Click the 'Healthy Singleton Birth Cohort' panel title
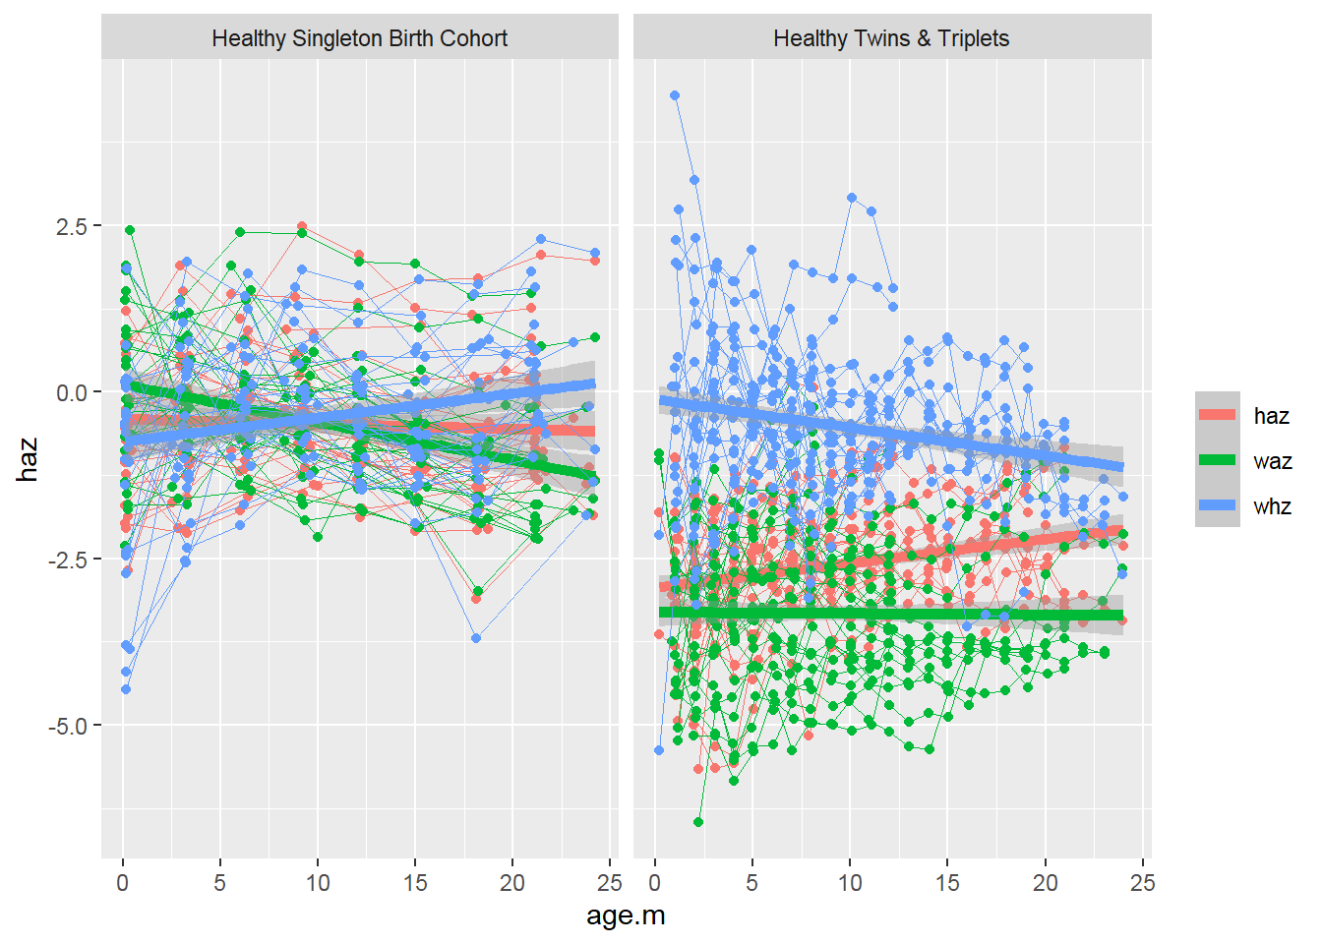point(359,38)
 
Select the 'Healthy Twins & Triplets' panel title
point(891,38)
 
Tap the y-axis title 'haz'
point(28,459)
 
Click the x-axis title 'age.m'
point(626,915)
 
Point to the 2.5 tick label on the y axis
point(72,226)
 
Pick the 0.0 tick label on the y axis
point(72,392)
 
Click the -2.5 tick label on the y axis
point(69,560)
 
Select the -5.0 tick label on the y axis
point(69,726)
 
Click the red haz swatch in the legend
point(1218,415)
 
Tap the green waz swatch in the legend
point(1218,460)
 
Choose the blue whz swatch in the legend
point(1218,505)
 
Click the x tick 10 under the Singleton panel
point(318,883)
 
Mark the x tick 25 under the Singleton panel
point(610,883)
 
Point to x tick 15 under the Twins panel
point(947,883)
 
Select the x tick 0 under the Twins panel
point(655,883)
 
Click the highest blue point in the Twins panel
point(675,95)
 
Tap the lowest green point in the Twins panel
point(698,822)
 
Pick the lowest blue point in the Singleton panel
point(126,689)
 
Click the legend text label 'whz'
point(1272,506)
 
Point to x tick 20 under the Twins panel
point(1045,883)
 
